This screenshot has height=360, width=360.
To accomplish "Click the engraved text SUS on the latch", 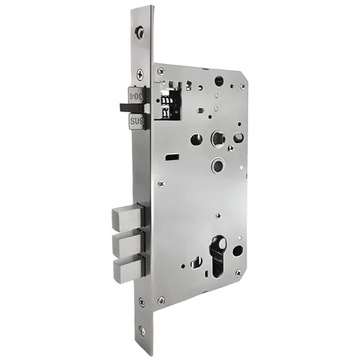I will tap(136, 121).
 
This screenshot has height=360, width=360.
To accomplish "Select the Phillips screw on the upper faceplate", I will tap(139, 74).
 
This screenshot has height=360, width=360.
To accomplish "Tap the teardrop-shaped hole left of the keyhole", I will tap(196, 261).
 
